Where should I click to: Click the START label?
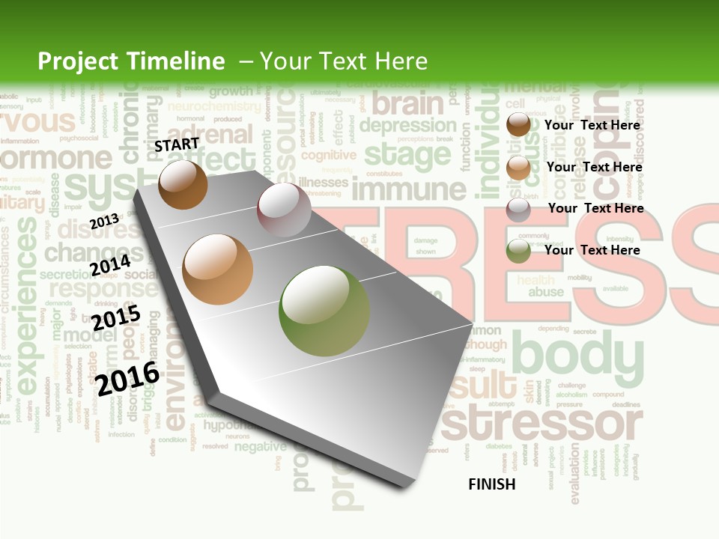point(177,144)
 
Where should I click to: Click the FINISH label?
point(492,484)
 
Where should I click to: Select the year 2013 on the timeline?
point(104,221)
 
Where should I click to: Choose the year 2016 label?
point(127,378)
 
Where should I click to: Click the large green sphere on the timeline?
point(324,311)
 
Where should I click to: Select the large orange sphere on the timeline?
point(218,269)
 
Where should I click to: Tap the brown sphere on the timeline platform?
point(183,184)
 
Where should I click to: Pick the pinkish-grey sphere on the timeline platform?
point(284,210)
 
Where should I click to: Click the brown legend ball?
point(518,125)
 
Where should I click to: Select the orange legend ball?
point(518,168)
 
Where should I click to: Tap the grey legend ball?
point(518,209)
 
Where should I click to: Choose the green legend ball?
point(518,251)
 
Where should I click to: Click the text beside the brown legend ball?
point(592,125)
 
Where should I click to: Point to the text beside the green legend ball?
point(592,250)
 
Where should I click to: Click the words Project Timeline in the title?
point(131,61)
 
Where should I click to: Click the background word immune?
point(405,189)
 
